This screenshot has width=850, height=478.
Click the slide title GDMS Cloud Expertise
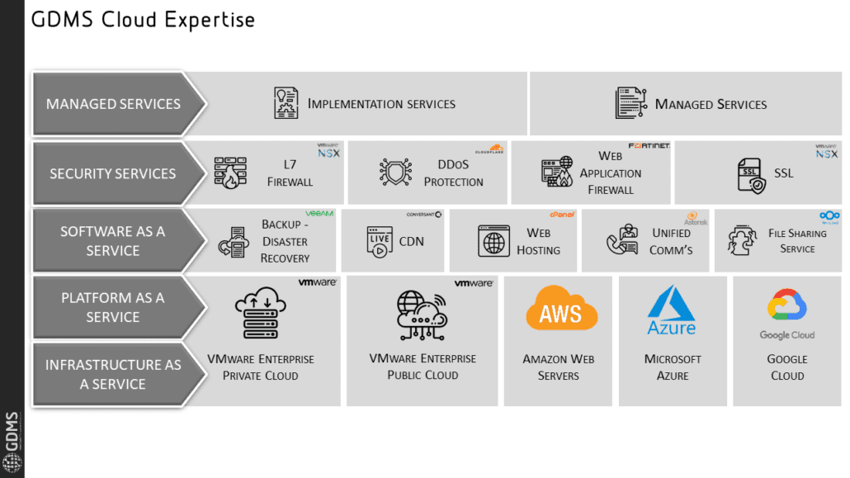pos(143,20)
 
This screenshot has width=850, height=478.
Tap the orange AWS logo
pos(561,310)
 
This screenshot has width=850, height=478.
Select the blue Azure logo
pos(672,310)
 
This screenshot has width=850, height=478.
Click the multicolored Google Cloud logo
pos(786,314)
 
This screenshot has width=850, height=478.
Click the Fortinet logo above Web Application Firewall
pos(649,146)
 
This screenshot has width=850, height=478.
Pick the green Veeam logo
pos(319,213)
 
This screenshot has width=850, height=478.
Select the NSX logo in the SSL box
pos(826,150)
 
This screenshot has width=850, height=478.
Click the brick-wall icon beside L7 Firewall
pos(230,173)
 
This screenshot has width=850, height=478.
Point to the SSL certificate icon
pos(751,175)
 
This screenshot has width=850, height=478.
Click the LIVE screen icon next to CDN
pos(379,241)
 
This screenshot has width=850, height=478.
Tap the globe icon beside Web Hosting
pos(493,242)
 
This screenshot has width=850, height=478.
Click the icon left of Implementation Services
pos(286,103)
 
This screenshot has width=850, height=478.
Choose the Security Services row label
pos(112,173)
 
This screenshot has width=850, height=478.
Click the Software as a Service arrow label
pos(112,240)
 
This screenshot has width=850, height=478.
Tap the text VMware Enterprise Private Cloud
pos(260,367)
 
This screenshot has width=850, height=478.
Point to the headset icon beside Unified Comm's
pos(621,241)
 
